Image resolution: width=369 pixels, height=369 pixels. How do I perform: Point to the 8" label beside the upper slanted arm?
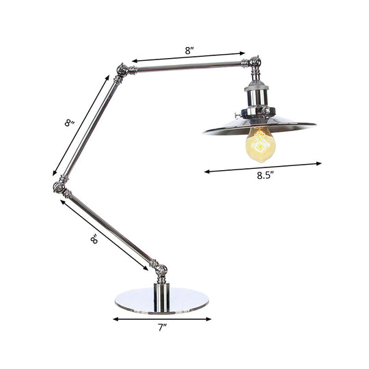coord(68,124)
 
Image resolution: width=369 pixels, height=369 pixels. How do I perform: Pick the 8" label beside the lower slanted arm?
coord(94,239)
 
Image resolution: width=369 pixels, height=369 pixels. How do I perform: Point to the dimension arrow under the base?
coord(162,318)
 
